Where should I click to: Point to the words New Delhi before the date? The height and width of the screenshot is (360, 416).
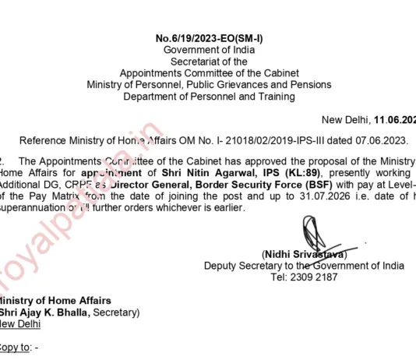tap(345, 120)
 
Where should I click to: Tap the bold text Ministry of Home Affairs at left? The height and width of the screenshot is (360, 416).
tap(55, 301)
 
